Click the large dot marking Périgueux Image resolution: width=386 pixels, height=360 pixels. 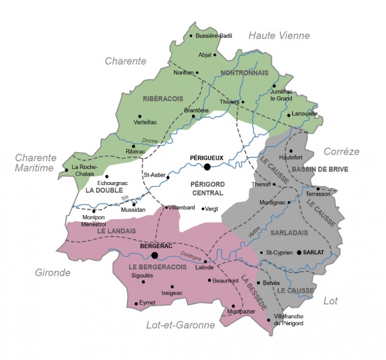pyautogui.click(x=207, y=166)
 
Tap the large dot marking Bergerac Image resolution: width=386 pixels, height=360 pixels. pyautogui.click(x=155, y=255)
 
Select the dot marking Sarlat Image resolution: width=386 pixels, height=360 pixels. pyautogui.click(x=299, y=252)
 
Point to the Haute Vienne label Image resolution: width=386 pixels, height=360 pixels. pyautogui.click(x=279, y=35)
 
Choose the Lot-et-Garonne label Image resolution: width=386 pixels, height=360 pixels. pyautogui.click(x=181, y=325)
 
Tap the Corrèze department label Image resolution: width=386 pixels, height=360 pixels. pyautogui.click(x=341, y=151)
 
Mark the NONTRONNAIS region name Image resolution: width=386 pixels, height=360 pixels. pyautogui.click(x=244, y=73)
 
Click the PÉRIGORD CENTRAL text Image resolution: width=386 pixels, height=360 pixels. pyautogui.click(x=206, y=188)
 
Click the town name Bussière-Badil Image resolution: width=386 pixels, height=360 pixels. pyautogui.click(x=214, y=36)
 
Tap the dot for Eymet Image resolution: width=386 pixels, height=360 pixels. pyautogui.click(x=136, y=304)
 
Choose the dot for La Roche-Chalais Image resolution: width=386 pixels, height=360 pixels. pyautogui.click(x=67, y=170)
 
